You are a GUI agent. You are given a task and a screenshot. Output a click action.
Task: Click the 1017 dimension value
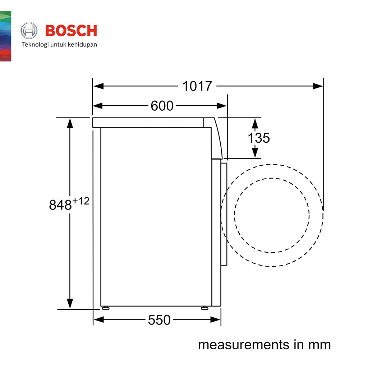(197, 86)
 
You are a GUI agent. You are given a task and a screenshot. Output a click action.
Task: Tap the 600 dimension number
(162, 106)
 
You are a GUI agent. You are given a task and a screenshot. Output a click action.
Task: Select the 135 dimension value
(259, 138)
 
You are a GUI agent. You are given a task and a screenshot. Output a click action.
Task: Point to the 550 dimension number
(159, 320)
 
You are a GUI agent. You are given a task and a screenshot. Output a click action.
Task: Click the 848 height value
(60, 205)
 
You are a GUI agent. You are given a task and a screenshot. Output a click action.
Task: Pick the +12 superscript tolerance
(81, 201)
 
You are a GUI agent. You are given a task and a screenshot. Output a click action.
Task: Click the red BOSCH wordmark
(71, 31)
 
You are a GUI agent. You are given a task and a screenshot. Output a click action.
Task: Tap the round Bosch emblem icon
(29, 31)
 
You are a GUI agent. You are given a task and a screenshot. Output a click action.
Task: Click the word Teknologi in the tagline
(35, 45)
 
